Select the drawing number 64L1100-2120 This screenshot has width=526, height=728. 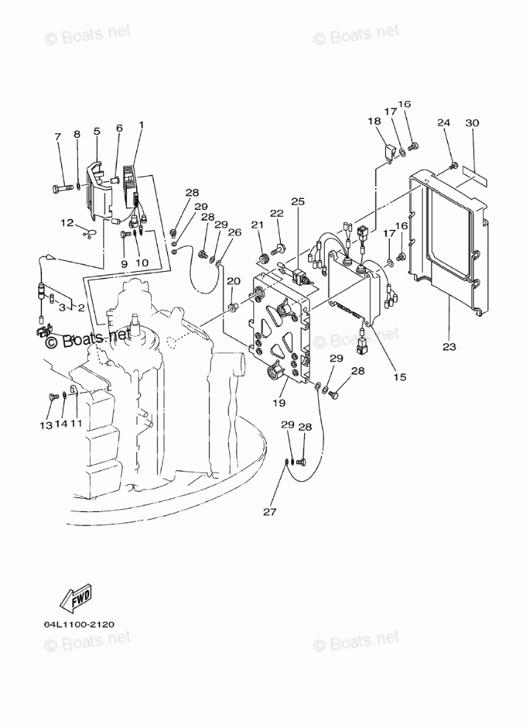[x=80, y=624]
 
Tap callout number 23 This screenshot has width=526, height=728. [x=449, y=346]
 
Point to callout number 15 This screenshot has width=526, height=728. [x=399, y=377]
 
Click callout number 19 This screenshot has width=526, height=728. [x=279, y=402]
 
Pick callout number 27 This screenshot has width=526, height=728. [x=270, y=511]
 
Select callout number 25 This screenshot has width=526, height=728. [x=298, y=201]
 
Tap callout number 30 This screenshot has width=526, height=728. [x=472, y=122]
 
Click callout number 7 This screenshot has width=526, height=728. [x=57, y=136]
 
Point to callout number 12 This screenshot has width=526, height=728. [x=67, y=223]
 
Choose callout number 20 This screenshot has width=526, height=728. [x=234, y=281]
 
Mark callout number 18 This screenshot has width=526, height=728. [x=374, y=121]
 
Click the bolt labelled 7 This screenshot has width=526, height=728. [x=61, y=188]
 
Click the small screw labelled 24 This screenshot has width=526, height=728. [x=454, y=166]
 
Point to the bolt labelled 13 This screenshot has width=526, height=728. [x=52, y=397]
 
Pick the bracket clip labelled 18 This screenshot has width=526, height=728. [x=389, y=153]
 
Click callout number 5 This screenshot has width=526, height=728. [x=97, y=131]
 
